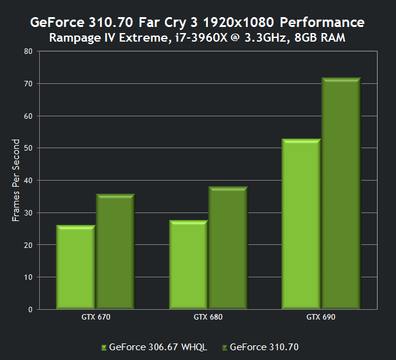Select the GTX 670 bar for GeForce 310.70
(115, 252)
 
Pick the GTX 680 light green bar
(188, 264)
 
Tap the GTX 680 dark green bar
(227, 248)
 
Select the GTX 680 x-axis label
(208, 317)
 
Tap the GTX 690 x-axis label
(321, 317)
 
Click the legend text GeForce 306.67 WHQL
(158, 347)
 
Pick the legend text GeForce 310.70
(264, 347)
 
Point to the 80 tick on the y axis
(28, 51)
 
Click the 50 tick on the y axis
(28, 148)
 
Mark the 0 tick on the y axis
(30, 309)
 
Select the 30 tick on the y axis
(28, 212)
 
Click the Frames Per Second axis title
(17, 180)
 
